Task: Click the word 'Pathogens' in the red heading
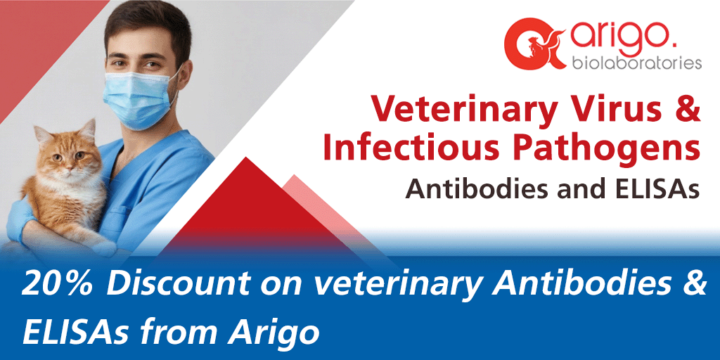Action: (605, 150)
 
